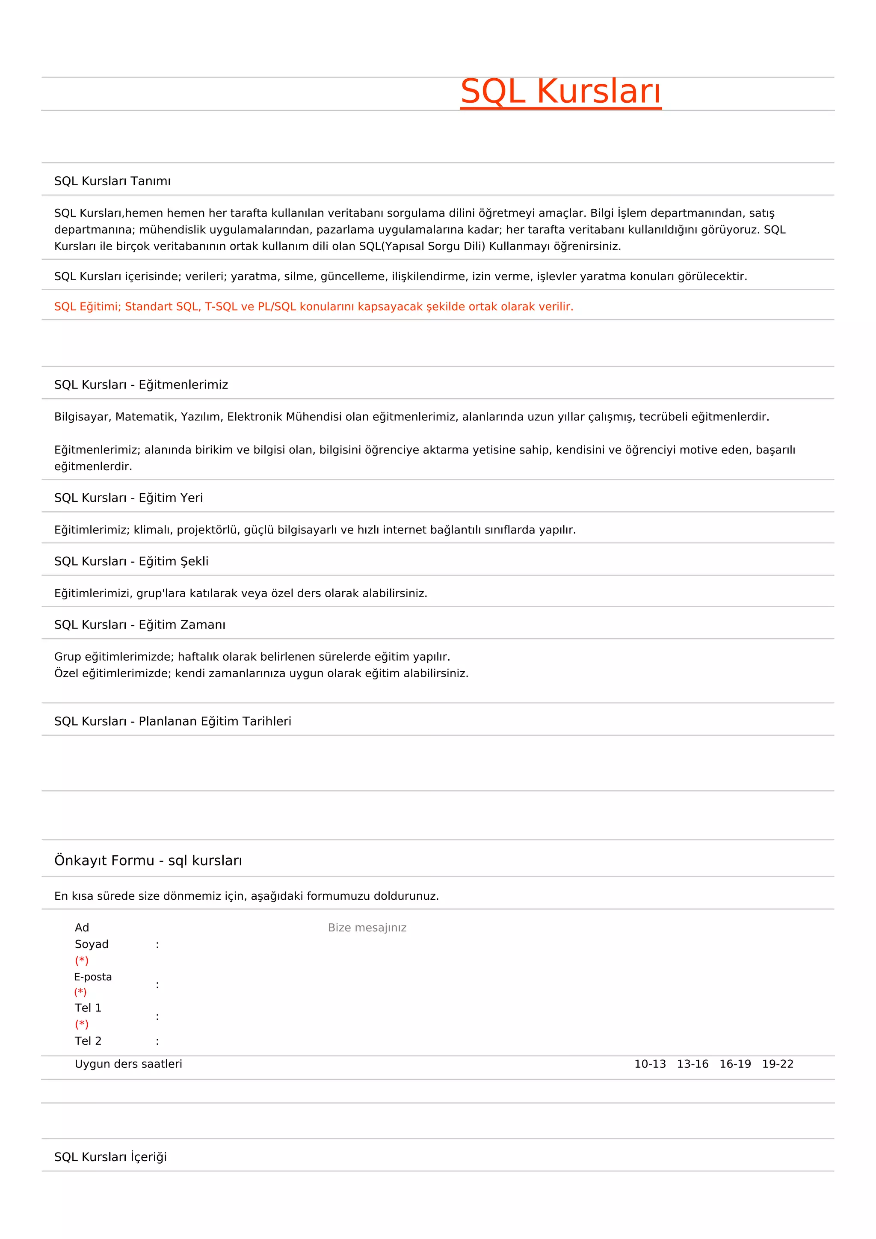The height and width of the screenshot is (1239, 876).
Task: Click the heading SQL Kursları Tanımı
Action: pyautogui.click(x=112, y=181)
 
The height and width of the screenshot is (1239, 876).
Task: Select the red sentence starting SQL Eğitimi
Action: pyautogui.click(x=314, y=306)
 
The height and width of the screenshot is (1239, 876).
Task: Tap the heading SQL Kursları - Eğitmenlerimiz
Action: pyautogui.click(x=141, y=385)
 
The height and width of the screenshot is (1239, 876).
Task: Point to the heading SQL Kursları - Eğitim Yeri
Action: pyautogui.click(x=128, y=498)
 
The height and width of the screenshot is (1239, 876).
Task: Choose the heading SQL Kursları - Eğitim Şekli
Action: pyautogui.click(x=131, y=561)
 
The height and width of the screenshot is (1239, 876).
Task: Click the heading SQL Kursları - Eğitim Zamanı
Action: pyautogui.click(x=140, y=625)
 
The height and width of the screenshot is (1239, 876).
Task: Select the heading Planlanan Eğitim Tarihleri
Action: pyautogui.click(x=173, y=721)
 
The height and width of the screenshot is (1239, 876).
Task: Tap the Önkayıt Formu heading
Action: pyautogui.click(x=148, y=860)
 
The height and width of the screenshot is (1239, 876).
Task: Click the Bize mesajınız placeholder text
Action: pyautogui.click(x=367, y=928)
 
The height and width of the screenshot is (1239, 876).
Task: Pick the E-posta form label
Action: pyautogui.click(x=93, y=977)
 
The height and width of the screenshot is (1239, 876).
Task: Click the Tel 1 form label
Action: pyautogui.click(x=88, y=1008)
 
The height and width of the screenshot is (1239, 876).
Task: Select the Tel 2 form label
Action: pyautogui.click(x=88, y=1041)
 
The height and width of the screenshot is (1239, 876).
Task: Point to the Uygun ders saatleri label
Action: pyautogui.click(x=128, y=1064)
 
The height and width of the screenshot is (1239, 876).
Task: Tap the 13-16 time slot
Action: pyautogui.click(x=692, y=1064)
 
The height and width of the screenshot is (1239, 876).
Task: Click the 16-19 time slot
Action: pyautogui.click(x=735, y=1064)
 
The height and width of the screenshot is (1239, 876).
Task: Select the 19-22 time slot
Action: pyautogui.click(x=777, y=1064)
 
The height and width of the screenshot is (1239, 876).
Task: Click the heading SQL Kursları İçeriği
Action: pyautogui.click(x=111, y=1157)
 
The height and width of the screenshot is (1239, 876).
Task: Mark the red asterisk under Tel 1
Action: pyautogui.click(x=81, y=1024)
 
